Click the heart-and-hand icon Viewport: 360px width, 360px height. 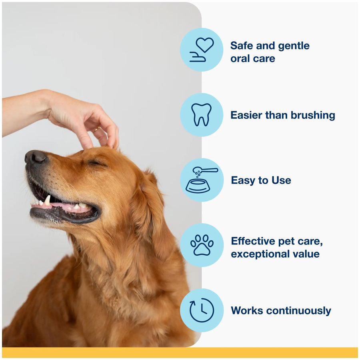(202, 50)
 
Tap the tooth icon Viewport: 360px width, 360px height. (202, 115)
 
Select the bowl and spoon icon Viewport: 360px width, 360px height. (202, 180)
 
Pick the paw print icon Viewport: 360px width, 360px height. (202, 245)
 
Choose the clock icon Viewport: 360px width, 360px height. (202, 310)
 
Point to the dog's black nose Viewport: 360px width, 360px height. (35, 157)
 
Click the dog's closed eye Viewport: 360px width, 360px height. (96, 163)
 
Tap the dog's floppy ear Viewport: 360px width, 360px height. (150, 208)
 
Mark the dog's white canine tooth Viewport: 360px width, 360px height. (47, 200)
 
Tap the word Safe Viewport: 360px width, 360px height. (242, 46)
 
